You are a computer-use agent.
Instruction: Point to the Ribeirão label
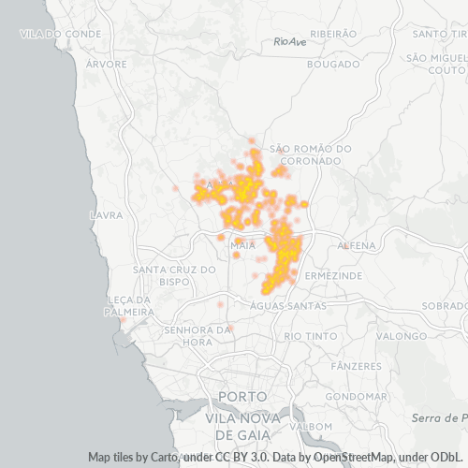tap(333, 33)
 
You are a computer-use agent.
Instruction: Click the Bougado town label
tap(333, 65)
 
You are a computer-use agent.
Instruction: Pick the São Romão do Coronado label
tap(310, 154)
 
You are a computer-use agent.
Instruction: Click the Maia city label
tap(242, 245)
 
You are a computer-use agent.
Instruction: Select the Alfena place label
tap(356, 245)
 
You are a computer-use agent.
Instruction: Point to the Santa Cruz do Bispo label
tap(175, 275)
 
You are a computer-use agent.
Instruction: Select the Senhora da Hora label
tap(197, 335)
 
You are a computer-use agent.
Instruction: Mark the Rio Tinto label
tap(308, 335)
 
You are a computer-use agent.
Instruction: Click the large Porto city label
tap(242, 397)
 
